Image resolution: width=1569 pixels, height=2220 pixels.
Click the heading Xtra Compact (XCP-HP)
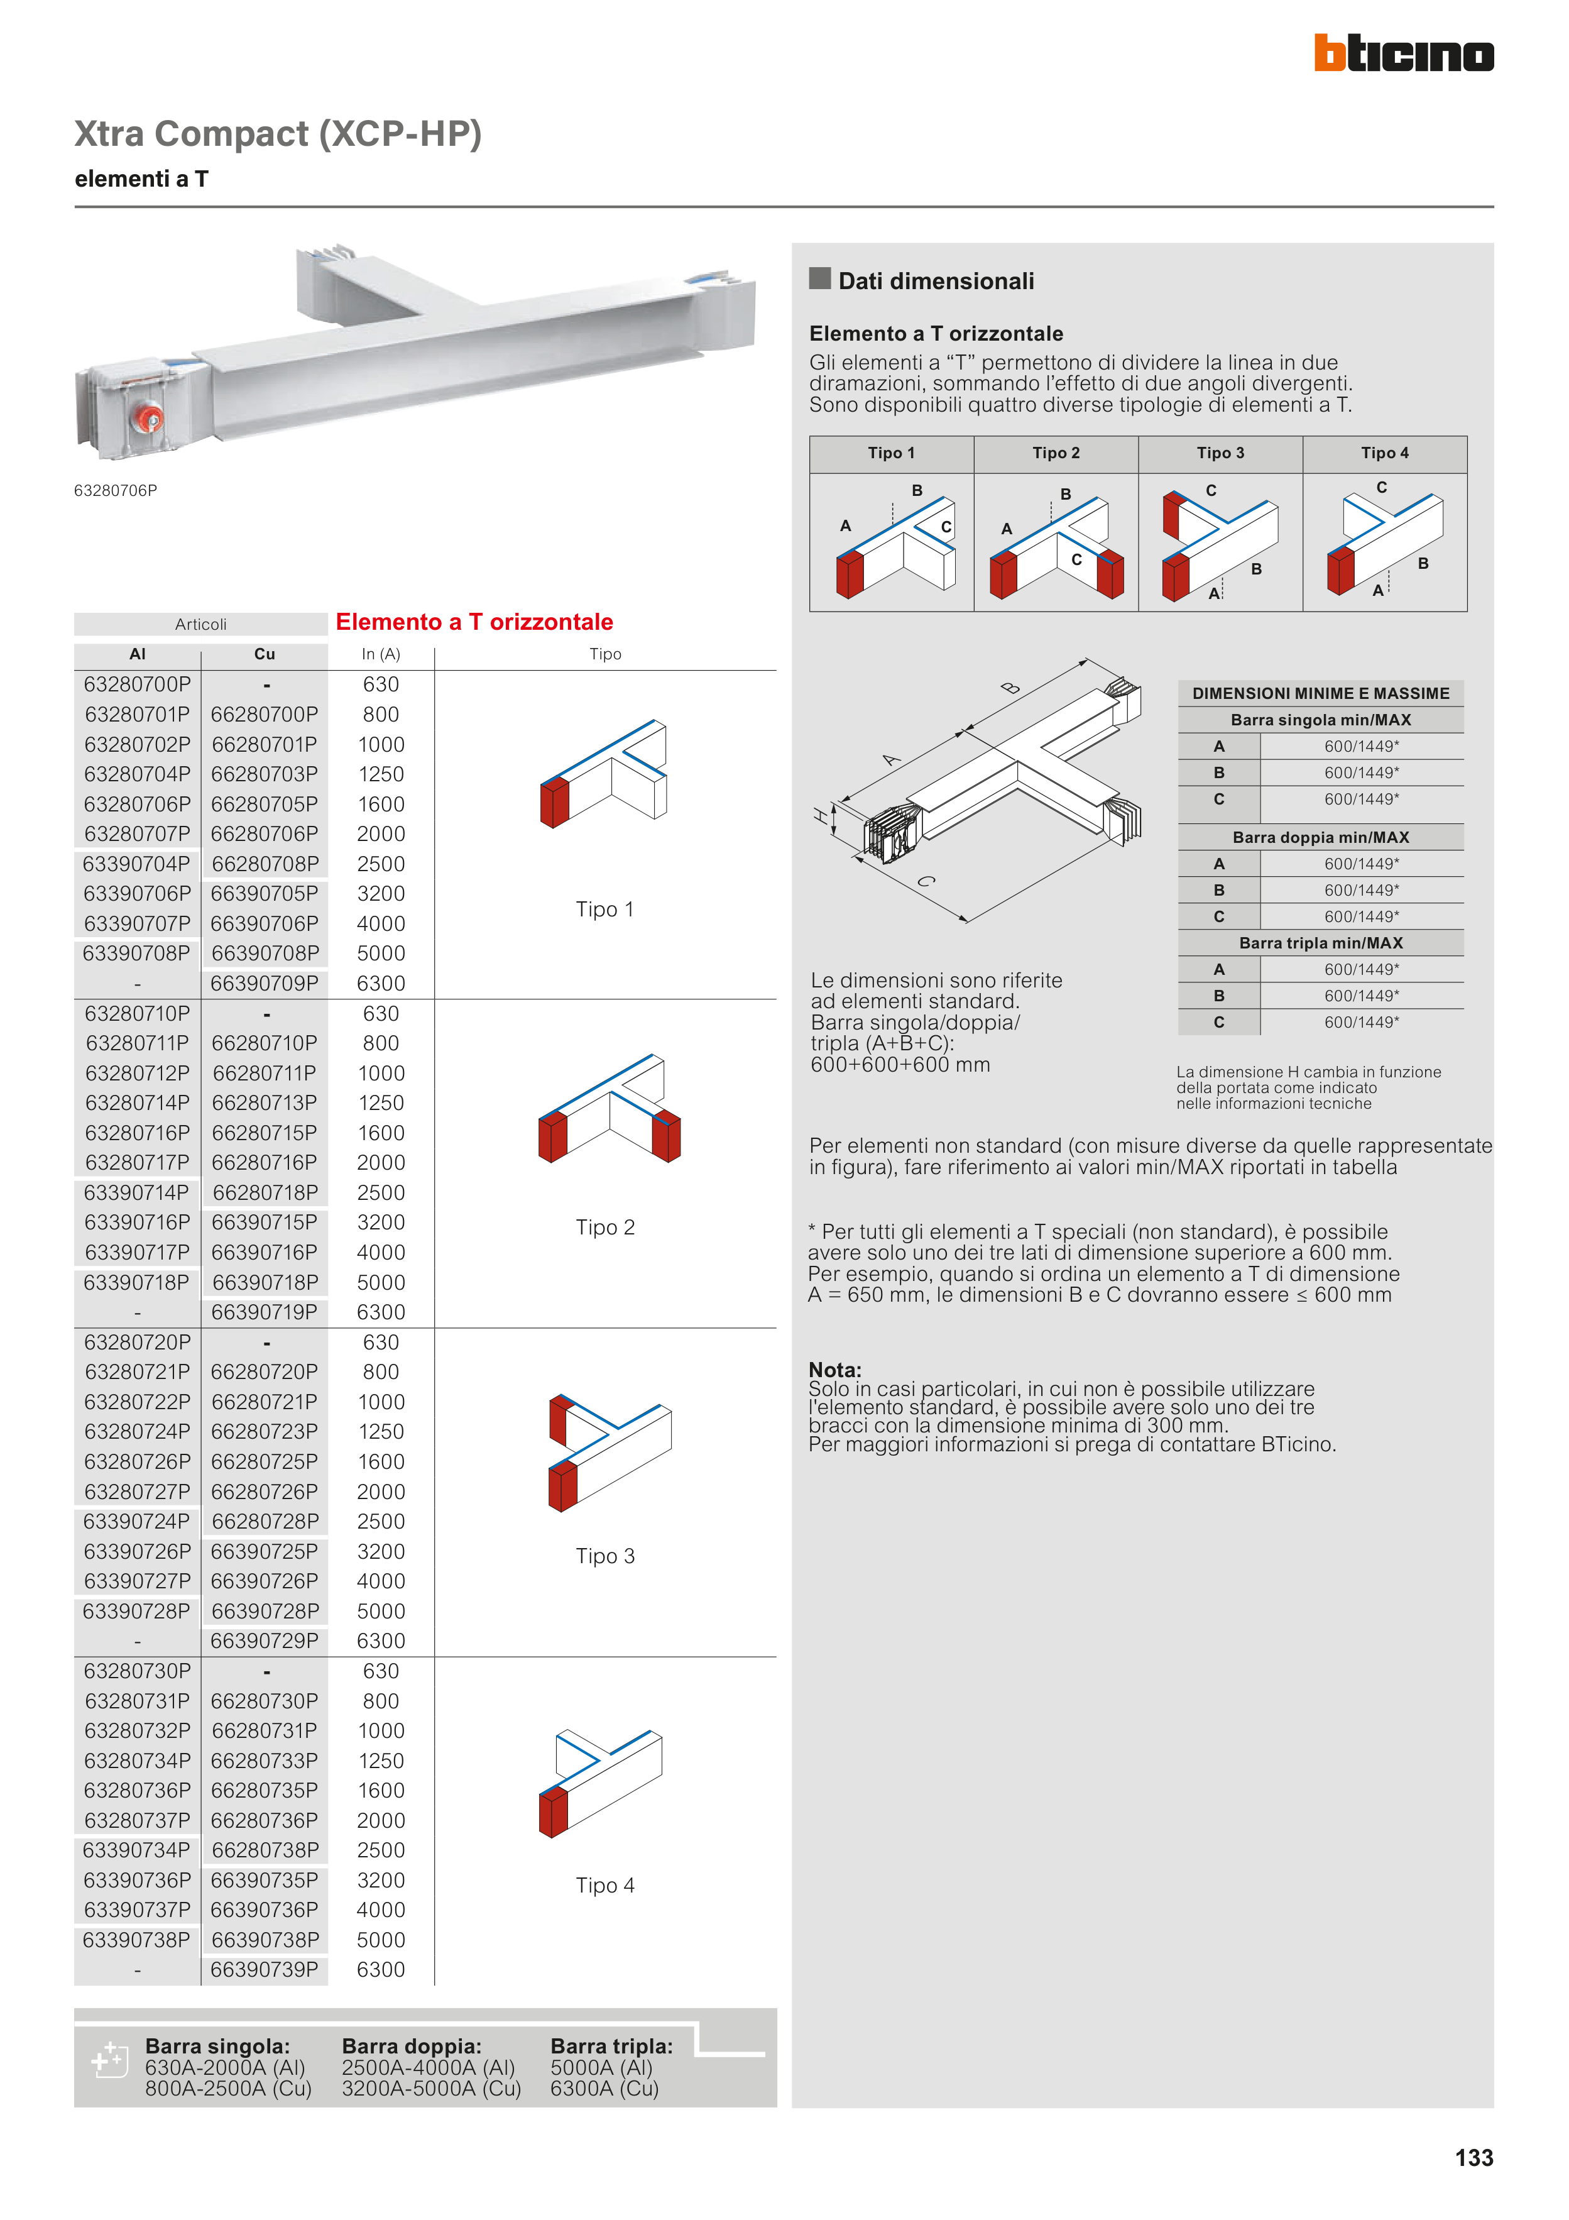(x=278, y=133)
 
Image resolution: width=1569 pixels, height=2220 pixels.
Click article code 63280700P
(x=137, y=684)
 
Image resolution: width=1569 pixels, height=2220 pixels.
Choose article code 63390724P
(x=136, y=1521)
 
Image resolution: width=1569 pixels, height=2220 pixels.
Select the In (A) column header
(x=381, y=654)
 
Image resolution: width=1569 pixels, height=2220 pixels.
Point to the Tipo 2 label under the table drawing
(x=605, y=1227)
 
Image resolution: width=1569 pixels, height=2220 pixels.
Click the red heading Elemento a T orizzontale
(x=474, y=622)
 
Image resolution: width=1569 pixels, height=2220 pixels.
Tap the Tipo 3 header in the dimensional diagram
(x=1220, y=453)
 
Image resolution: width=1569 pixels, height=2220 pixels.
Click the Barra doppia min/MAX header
(x=1321, y=837)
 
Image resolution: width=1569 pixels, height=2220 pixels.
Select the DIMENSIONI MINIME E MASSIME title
(x=1321, y=693)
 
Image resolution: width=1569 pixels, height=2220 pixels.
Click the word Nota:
(x=835, y=1369)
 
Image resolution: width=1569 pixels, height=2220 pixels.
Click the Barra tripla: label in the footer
(x=611, y=2046)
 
